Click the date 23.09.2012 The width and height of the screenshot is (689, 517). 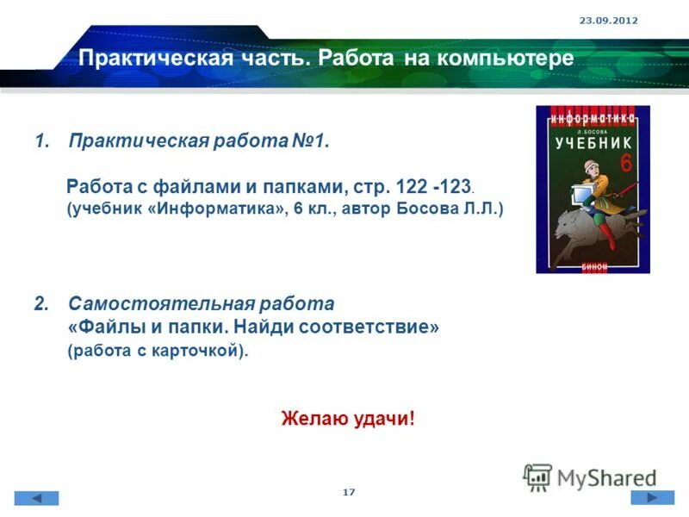608,20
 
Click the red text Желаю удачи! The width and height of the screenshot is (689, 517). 348,420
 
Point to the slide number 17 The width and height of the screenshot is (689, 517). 349,491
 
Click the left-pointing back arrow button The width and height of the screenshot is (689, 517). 36,498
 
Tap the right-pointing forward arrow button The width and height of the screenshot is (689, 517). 653,497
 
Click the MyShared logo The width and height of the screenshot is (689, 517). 590,477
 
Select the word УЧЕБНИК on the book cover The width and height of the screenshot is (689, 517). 593,142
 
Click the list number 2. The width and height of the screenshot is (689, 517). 40,304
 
